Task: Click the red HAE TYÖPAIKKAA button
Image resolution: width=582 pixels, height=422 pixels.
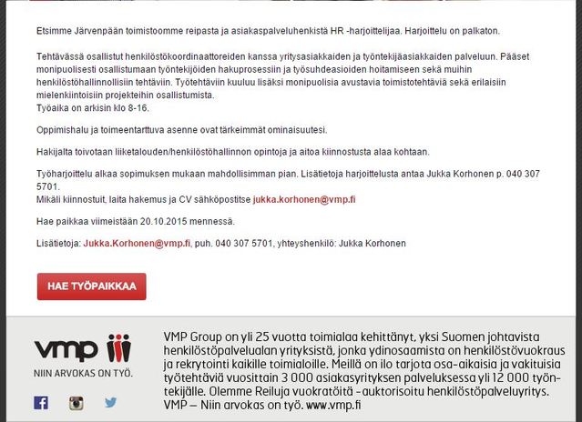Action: (91, 286)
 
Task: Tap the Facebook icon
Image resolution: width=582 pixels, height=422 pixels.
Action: (41, 402)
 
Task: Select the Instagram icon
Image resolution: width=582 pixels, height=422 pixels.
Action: (77, 402)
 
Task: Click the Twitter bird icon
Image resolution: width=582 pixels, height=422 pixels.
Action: (110, 402)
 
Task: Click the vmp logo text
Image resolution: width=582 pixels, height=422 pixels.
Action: (66, 350)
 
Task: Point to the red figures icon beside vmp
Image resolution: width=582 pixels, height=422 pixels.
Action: (119, 349)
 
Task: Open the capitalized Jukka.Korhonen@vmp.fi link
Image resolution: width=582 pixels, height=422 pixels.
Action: (137, 244)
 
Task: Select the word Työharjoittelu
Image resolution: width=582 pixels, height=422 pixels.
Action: (65, 173)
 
